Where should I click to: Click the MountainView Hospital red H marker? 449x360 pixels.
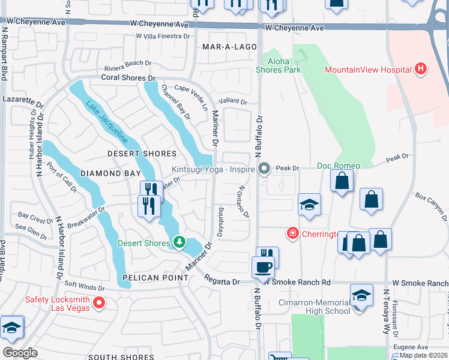click(421, 70)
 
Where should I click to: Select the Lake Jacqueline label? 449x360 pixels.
click(107, 121)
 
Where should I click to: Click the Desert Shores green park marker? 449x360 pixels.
click(179, 242)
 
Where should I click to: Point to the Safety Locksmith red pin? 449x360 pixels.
click(100, 304)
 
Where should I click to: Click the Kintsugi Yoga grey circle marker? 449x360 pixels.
click(263, 169)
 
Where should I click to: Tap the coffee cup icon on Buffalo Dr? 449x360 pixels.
click(264, 266)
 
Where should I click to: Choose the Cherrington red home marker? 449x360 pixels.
click(292, 233)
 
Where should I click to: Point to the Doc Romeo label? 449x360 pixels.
click(339, 166)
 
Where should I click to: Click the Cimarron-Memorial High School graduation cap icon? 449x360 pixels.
click(361, 296)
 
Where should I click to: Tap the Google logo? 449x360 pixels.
click(20, 353)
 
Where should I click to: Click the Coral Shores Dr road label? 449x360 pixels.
click(128, 78)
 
